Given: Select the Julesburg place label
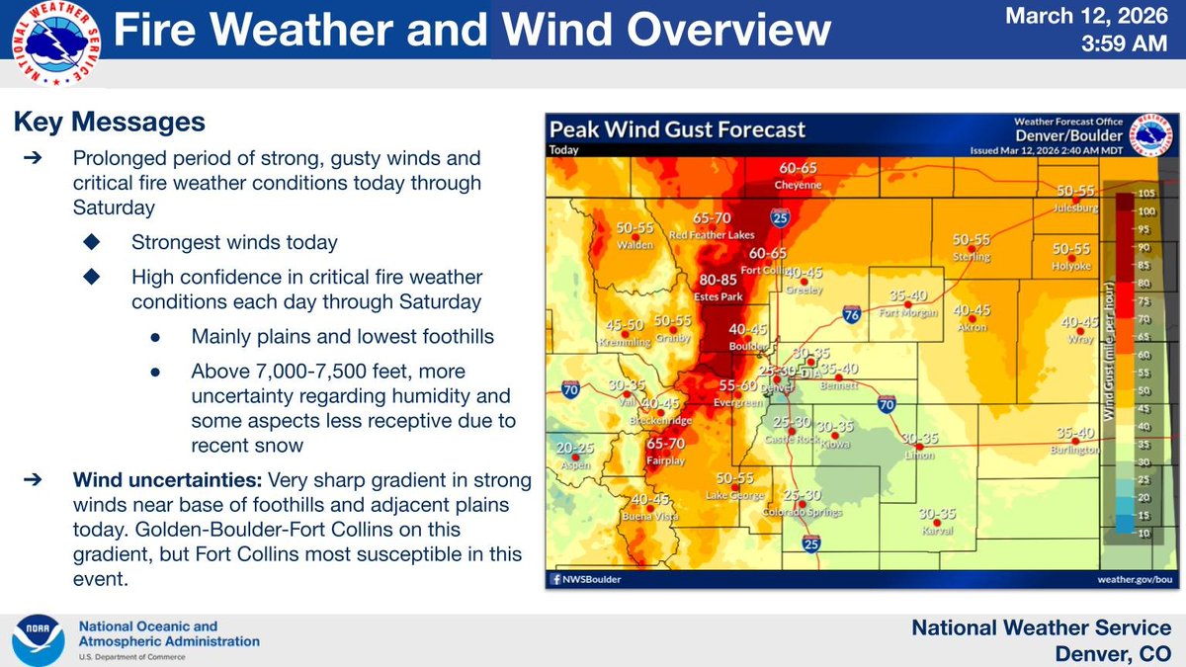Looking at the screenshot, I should [x=1076, y=208].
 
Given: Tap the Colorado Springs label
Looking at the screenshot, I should [x=802, y=512].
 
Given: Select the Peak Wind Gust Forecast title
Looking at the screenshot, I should [x=677, y=129].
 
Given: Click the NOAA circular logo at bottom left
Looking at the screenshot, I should [x=41, y=639].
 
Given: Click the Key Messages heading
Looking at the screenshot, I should [x=110, y=122].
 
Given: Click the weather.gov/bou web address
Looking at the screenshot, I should [x=1136, y=579].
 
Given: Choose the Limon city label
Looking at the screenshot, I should [x=919, y=455].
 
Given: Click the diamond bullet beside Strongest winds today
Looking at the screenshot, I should [x=92, y=242].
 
